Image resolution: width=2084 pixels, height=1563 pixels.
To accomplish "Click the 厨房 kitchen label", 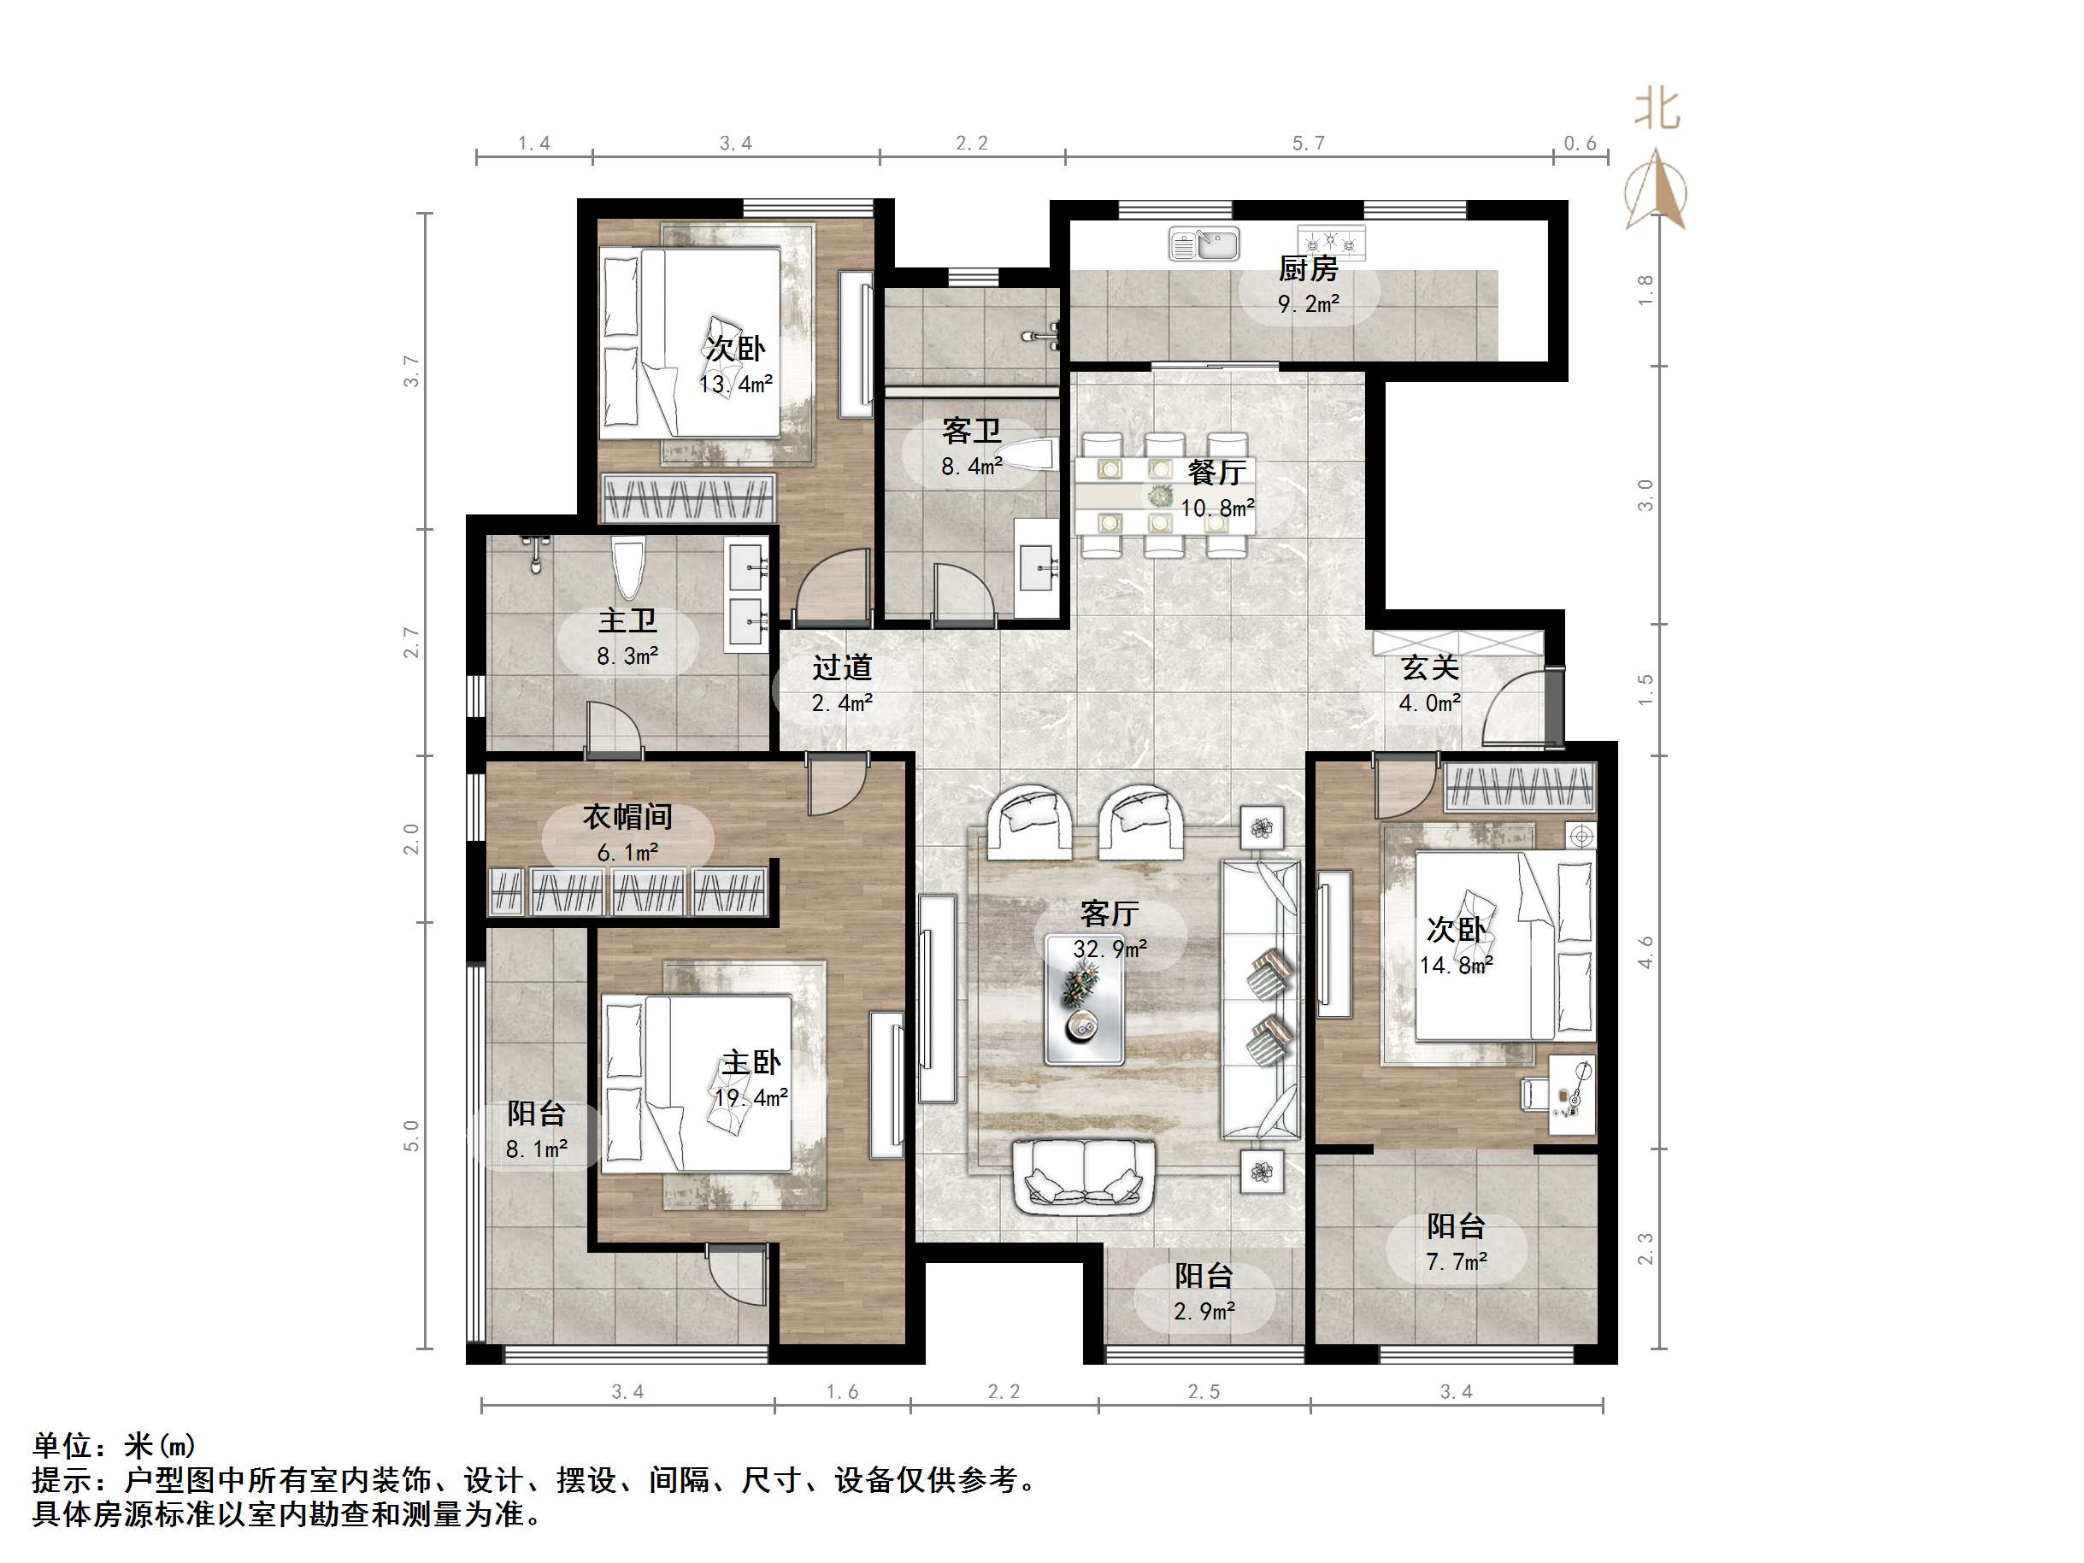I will [x=1308, y=269].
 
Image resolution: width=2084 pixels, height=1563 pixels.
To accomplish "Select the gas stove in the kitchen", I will [x=1330, y=243].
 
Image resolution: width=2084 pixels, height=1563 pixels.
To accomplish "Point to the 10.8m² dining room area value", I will [x=1217, y=508].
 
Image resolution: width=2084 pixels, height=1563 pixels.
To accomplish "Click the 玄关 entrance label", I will [x=1429, y=668].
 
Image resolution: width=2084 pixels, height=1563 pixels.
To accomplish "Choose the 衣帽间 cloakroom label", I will [x=627, y=817].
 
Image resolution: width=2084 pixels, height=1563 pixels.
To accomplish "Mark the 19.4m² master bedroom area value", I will [x=751, y=1098].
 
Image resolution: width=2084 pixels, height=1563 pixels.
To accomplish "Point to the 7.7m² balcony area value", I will [x=1456, y=1261].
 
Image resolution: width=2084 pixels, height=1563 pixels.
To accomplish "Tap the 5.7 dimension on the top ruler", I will [x=1308, y=144].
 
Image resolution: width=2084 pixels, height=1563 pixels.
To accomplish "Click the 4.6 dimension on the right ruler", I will [x=1645, y=951].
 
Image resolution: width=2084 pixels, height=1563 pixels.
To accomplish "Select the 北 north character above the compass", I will [x=1657, y=109].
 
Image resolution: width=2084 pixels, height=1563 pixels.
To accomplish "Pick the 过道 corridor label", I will [x=842, y=668].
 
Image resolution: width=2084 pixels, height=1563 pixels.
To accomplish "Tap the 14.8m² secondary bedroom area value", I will [x=1456, y=966].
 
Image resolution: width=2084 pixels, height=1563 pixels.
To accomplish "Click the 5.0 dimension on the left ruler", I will [x=411, y=1135].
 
